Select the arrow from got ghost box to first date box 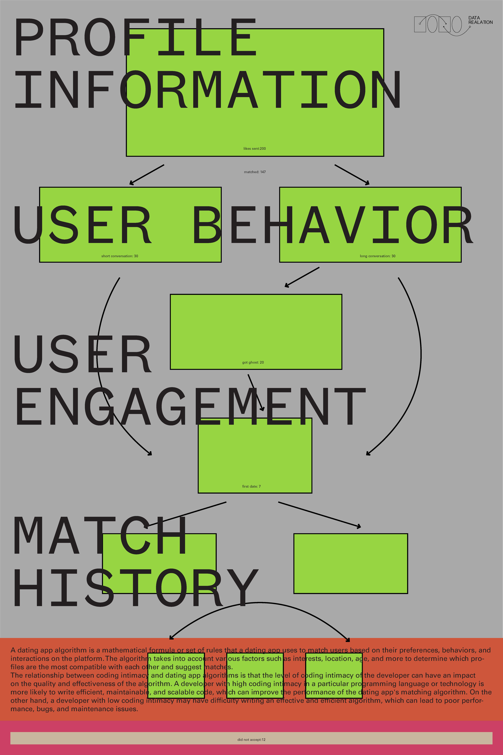click(256, 392)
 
